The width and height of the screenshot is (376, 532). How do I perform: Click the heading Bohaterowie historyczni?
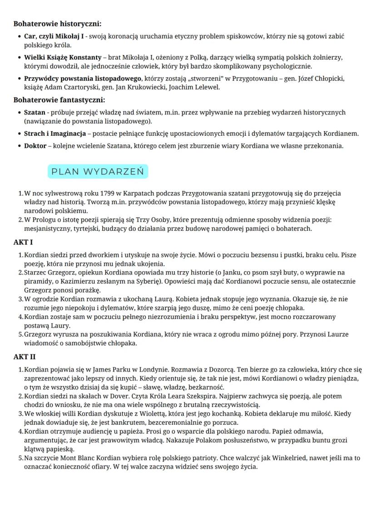click(58, 23)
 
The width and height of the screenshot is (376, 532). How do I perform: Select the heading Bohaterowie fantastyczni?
click(59, 99)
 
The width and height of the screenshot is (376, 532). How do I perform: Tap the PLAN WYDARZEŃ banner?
click(98, 172)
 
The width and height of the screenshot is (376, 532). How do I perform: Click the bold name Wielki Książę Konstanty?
click(63, 58)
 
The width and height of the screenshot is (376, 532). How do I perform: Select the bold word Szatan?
click(35, 112)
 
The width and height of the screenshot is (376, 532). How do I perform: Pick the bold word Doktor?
click(35, 146)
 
